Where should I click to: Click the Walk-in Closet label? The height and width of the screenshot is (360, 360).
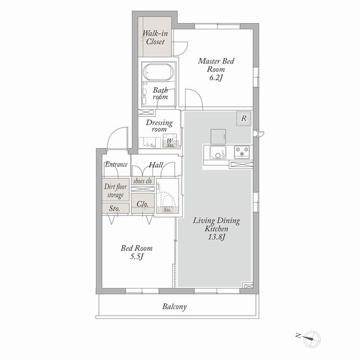pos(155,38)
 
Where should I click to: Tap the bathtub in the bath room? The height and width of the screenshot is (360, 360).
pos(158,72)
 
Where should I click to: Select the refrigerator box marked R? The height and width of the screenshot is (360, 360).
pos(244,119)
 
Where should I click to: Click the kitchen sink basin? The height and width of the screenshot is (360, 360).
pos(218,152)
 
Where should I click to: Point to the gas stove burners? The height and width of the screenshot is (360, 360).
pos(242,152)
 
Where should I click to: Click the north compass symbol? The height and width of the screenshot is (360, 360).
pos(308,339)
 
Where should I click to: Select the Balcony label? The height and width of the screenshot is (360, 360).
pos(174,307)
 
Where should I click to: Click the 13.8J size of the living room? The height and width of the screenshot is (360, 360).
pos(216,237)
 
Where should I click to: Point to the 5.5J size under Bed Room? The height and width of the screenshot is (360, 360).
pos(137,256)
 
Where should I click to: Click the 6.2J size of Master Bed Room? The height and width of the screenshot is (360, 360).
pos(216,78)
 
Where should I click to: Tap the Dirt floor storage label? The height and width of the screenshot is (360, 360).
pos(115,190)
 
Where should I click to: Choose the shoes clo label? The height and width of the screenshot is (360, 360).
pos(142,181)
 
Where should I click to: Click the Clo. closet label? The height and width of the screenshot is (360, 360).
pos(142,204)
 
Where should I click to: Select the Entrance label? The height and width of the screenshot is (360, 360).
pos(116,164)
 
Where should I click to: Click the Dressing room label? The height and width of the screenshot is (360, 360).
pos(159,125)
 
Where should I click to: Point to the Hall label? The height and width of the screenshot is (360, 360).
pos(156,165)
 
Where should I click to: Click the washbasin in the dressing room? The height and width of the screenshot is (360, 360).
pos(150,143)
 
